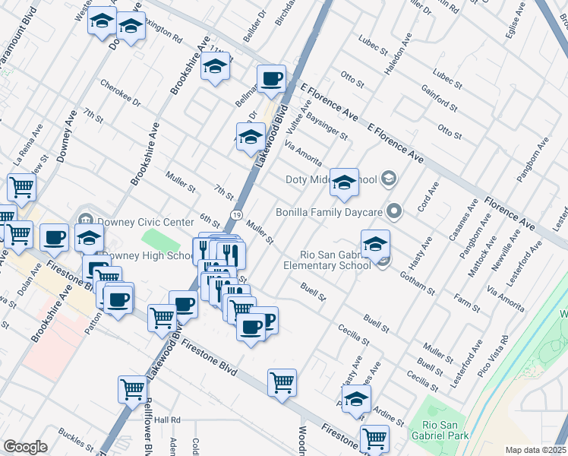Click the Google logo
(x=25, y=447)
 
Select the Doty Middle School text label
(x=330, y=180)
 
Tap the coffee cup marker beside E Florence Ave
(x=271, y=79)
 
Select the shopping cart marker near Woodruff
(x=282, y=382)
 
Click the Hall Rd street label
(x=167, y=420)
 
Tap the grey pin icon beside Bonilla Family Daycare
(x=393, y=211)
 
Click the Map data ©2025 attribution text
(x=535, y=450)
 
